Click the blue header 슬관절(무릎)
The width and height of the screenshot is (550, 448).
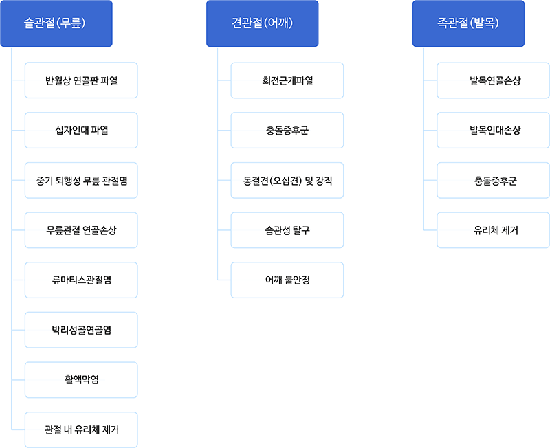click(x=56, y=23)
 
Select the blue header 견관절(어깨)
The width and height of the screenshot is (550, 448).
click(x=263, y=23)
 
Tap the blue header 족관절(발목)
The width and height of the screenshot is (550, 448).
click(x=468, y=23)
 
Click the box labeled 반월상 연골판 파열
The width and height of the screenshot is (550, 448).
click(x=81, y=80)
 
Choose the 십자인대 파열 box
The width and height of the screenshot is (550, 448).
click(x=81, y=131)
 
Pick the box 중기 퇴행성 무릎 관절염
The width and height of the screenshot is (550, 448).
click(x=81, y=180)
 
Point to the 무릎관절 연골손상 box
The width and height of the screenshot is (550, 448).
click(x=81, y=230)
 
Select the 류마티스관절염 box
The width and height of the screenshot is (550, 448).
click(x=81, y=280)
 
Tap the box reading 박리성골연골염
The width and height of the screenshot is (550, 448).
click(x=81, y=330)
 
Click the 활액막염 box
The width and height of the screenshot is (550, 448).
click(x=81, y=380)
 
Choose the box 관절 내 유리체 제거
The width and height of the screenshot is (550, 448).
click(x=81, y=429)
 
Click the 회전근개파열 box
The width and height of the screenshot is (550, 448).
click(x=287, y=80)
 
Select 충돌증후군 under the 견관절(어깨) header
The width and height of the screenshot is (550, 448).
click(x=287, y=131)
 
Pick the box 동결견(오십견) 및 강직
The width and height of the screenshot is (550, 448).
click(x=287, y=180)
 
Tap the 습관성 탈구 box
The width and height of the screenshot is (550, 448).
click(x=287, y=230)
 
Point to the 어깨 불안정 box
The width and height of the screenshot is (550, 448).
click(x=287, y=280)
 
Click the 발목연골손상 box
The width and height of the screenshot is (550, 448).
click(x=493, y=80)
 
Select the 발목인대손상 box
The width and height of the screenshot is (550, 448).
click(x=493, y=131)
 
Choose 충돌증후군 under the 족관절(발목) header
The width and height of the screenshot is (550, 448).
click(x=493, y=180)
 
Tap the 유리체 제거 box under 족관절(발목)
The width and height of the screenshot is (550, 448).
click(x=493, y=230)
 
